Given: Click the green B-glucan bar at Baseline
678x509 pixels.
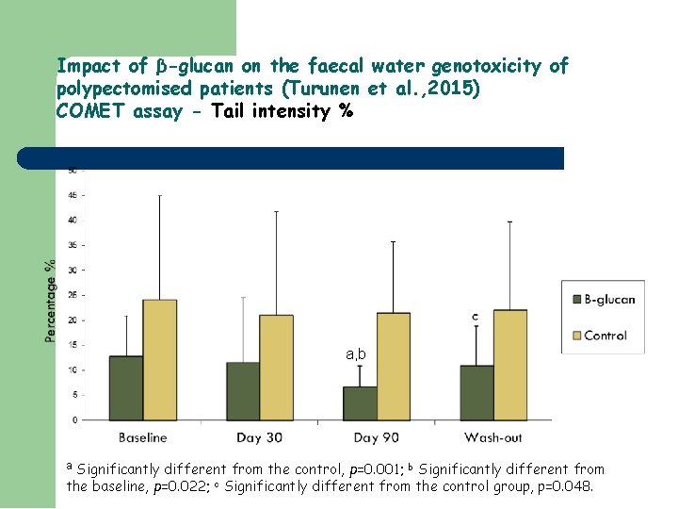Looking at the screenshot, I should [x=126, y=387].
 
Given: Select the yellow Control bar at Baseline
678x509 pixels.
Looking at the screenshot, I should [x=160, y=359].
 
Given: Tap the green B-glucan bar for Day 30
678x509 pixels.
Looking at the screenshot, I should [x=243, y=390].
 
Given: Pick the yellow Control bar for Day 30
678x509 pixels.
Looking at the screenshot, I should [x=277, y=367].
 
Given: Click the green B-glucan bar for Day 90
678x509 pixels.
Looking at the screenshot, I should [x=360, y=402].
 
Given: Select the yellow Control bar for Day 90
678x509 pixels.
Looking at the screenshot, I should [x=394, y=366].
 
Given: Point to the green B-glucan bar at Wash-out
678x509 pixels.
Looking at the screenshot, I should [x=476, y=392].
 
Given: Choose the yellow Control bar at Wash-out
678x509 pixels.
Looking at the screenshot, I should [x=510, y=364].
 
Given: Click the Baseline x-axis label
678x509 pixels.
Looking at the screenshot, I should [x=143, y=437].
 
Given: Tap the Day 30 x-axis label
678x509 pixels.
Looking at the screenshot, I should [x=260, y=437].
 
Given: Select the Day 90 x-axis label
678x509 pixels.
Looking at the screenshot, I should [x=377, y=437].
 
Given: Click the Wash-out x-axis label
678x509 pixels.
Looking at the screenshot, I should [x=493, y=437].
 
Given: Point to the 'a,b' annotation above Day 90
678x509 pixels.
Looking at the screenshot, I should [x=357, y=354].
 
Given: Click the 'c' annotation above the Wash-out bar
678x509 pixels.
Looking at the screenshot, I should [x=475, y=317].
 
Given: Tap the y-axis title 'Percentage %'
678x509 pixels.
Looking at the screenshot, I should [x=50, y=301].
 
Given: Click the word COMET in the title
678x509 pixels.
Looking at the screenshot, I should [x=86, y=112].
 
